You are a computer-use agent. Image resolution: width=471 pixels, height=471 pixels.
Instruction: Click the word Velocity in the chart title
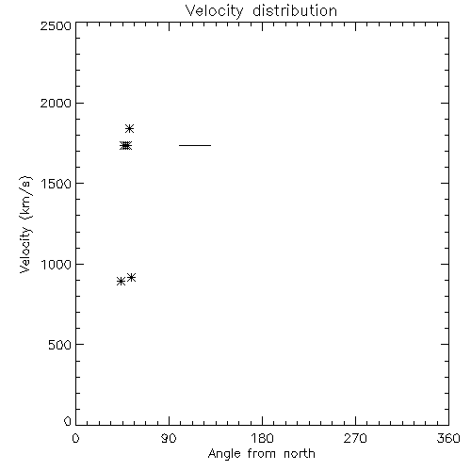tap(215, 11)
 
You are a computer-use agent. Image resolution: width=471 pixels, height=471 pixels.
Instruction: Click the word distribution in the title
tap(295, 10)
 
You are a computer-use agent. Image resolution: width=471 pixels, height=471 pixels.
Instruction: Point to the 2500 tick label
tap(56, 25)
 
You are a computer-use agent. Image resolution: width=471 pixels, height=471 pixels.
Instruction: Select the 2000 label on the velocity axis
tap(56, 103)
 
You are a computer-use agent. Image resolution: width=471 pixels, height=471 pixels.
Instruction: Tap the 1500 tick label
tap(57, 184)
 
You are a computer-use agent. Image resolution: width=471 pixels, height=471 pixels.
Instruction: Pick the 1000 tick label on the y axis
tap(57, 265)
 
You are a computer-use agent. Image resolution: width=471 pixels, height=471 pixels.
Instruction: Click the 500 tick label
tap(60, 345)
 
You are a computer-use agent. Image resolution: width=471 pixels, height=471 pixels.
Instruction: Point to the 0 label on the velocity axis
tap(68, 421)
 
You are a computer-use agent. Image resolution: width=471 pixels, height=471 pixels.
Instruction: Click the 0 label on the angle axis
tap(75, 438)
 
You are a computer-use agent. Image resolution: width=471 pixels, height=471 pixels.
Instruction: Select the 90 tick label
tap(169, 438)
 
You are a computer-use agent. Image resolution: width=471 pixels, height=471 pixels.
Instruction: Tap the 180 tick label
tap(262, 438)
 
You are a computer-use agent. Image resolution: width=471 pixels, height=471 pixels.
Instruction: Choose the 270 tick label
tap(355, 438)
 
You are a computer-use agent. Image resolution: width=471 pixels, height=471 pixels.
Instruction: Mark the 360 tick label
tap(448, 438)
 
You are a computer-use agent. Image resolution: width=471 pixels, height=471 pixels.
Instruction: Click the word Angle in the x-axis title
tap(224, 455)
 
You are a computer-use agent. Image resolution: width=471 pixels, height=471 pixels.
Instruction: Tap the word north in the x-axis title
tap(300, 454)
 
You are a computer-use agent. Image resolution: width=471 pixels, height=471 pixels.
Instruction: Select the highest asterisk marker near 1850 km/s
tap(129, 128)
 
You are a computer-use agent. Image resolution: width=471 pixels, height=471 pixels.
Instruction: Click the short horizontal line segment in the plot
tap(195, 145)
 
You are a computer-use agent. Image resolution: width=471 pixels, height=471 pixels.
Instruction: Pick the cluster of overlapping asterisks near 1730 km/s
tap(125, 146)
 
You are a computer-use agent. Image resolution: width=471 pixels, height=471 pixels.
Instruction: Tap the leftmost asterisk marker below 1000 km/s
tap(121, 282)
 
